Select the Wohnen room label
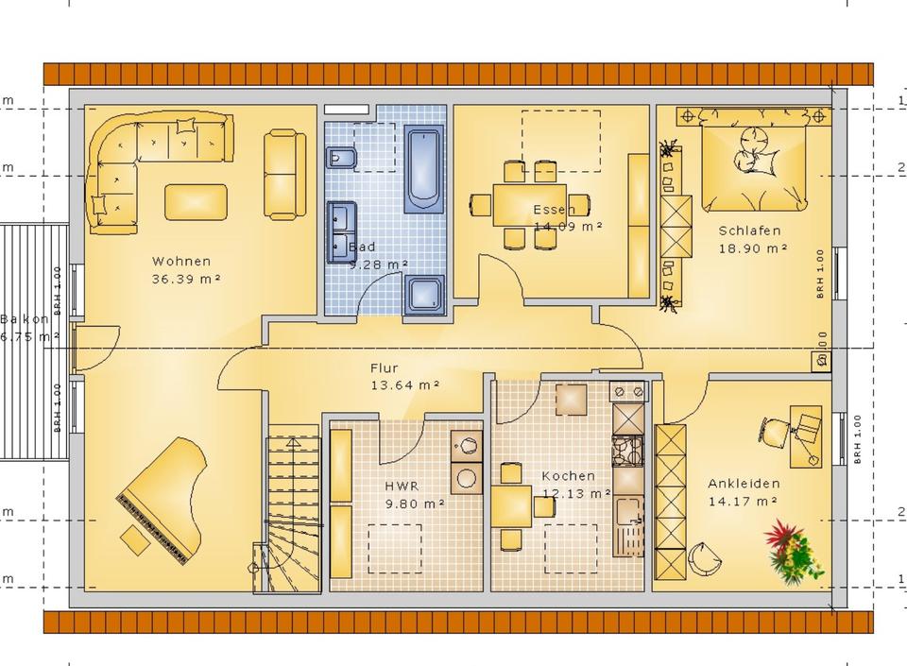[180, 262]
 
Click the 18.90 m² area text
[753, 248]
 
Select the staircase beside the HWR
[289, 510]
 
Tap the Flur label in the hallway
[384, 368]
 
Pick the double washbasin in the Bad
[341, 231]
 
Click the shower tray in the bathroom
[424, 294]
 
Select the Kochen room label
[568, 476]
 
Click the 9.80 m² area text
[414, 504]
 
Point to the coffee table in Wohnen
[196, 200]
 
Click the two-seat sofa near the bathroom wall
[284, 175]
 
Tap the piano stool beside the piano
[135, 540]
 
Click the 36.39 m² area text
[186, 280]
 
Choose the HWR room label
[401, 487]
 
